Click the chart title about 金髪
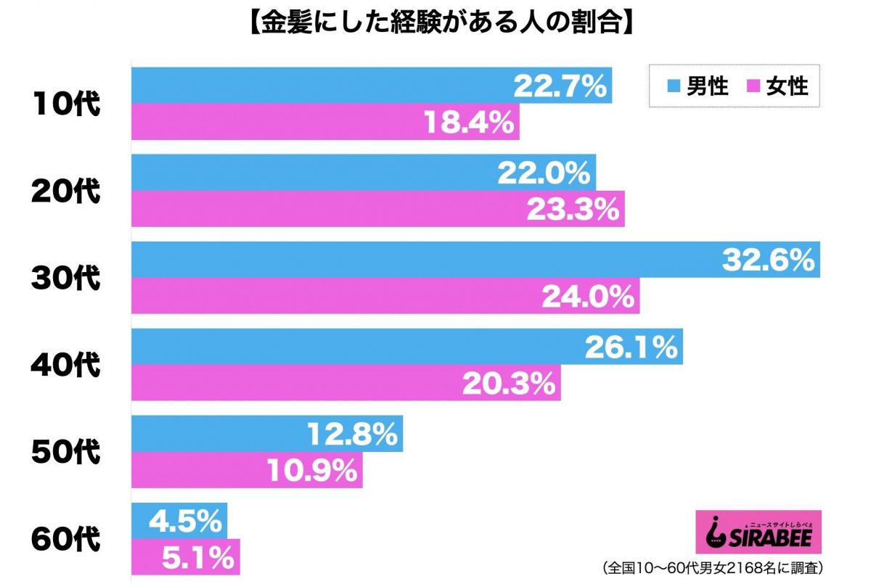(x=435, y=23)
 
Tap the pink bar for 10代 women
(x=290, y=122)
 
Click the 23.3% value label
(x=573, y=210)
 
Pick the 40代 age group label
(x=65, y=365)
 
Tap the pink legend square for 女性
(x=753, y=87)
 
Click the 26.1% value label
(x=631, y=348)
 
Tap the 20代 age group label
(x=65, y=192)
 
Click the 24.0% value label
(x=589, y=296)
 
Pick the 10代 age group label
(x=65, y=104)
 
